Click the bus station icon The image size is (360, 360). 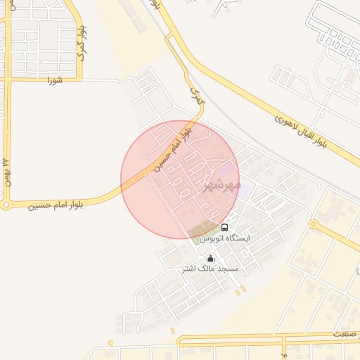coord(225,227)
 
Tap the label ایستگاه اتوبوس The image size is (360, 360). coord(224,239)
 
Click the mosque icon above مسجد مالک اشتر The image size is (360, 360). coord(211,258)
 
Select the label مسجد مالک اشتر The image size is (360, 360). coord(210,269)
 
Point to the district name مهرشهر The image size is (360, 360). coord(222,186)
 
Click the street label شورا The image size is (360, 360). coord(55,80)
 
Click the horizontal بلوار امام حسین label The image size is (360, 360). coord(57,205)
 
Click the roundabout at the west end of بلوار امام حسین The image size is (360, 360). coord(6,205)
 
